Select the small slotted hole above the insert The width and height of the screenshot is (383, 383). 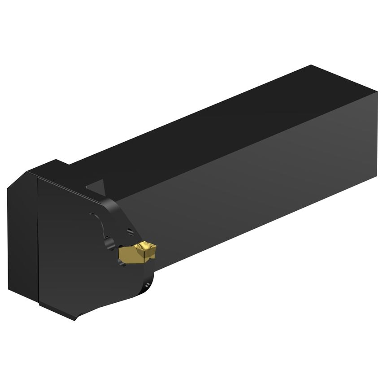point(130,232)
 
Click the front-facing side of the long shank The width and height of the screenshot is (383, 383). point(251,188)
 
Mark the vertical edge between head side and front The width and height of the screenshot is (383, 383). point(38,242)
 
